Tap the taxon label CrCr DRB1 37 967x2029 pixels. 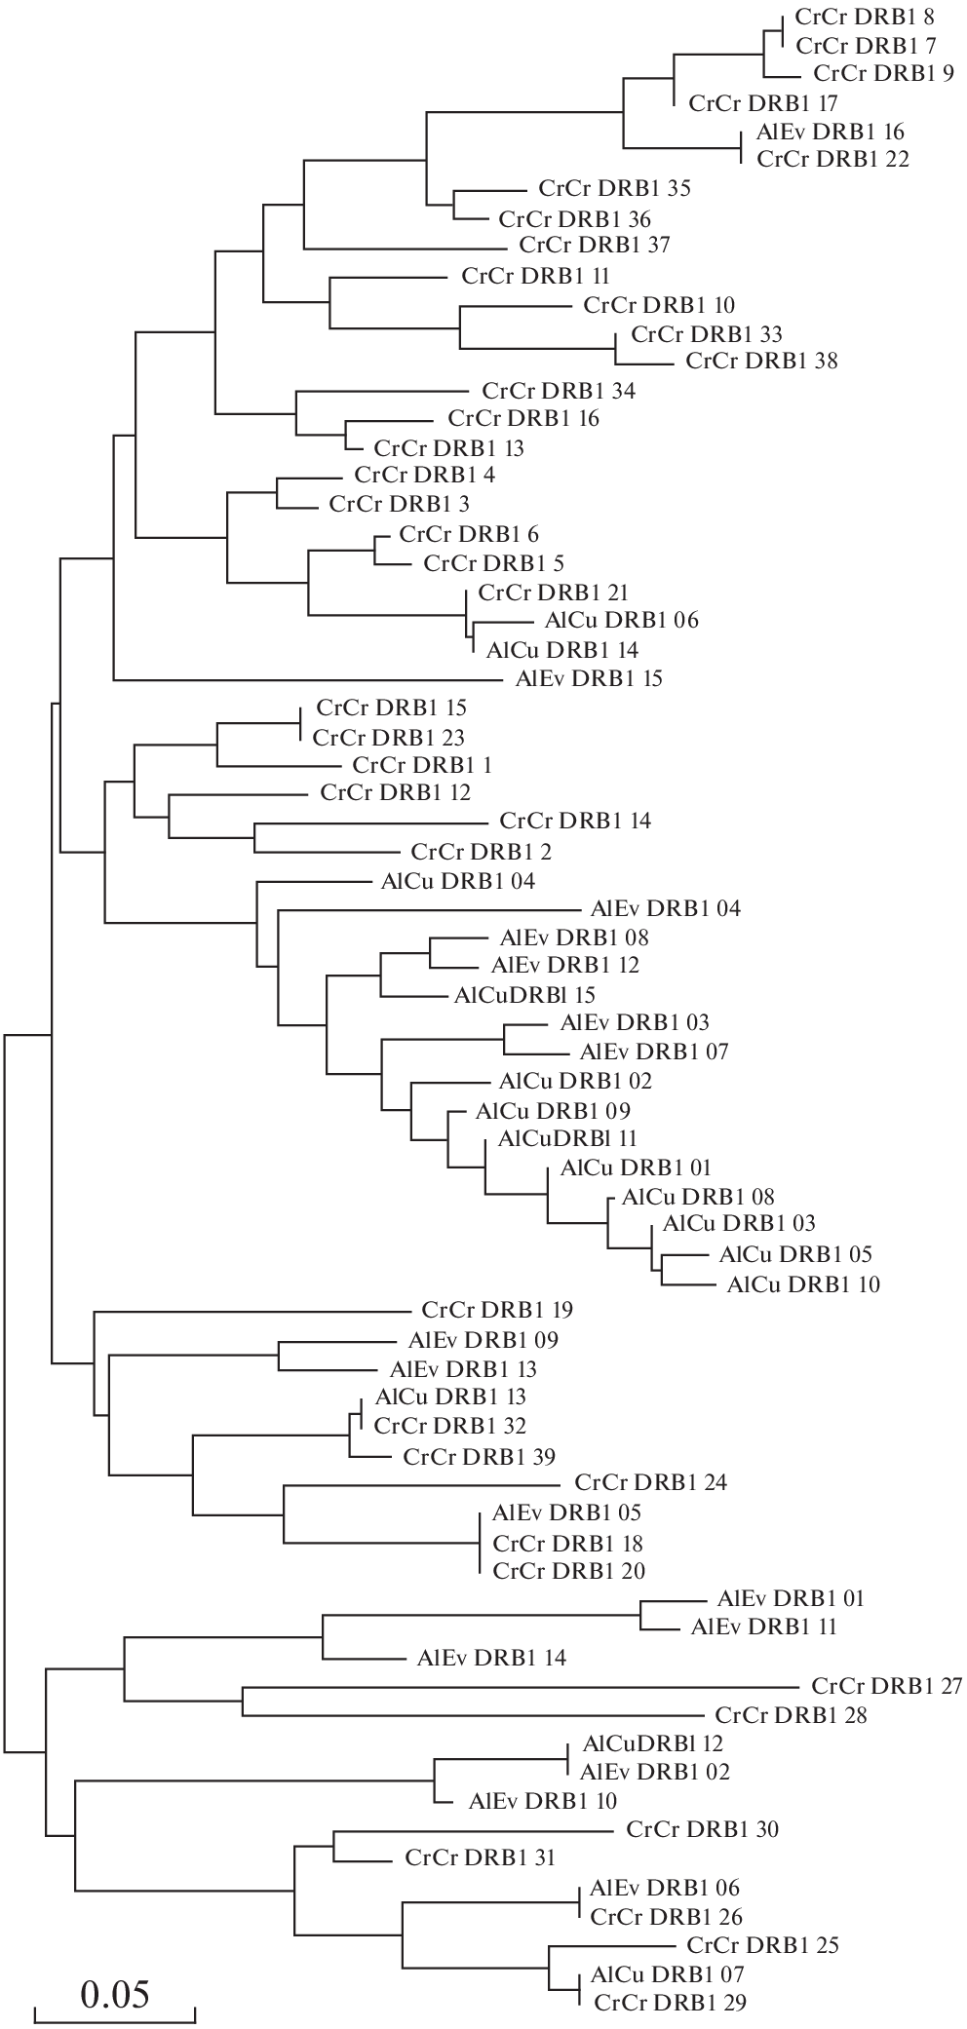click(x=595, y=245)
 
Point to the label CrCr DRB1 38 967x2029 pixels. click(x=761, y=362)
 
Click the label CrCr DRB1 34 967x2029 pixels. click(x=559, y=392)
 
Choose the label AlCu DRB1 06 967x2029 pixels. click(x=617, y=620)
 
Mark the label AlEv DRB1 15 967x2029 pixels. click(x=582, y=678)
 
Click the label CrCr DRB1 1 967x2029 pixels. click(x=429, y=765)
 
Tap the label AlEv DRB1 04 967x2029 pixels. click(x=666, y=909)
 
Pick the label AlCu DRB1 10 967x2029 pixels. click(x=803, y=1284)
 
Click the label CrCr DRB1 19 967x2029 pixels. click(x=497, y=1310)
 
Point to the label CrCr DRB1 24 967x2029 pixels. click(x=651, y=1484)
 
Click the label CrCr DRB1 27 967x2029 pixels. click(x=886, y=1687)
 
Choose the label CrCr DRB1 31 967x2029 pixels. click(x=480, y=1857)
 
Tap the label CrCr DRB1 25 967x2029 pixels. click(x=763, y=1945)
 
